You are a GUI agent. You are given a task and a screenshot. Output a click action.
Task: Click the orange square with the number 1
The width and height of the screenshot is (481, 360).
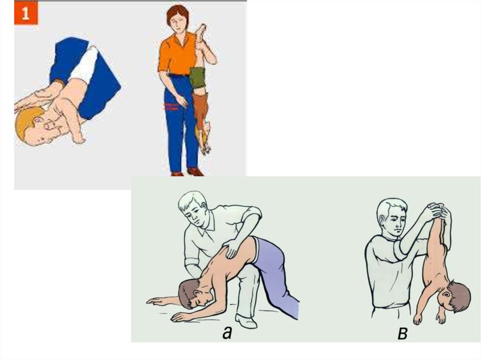coord(26,13)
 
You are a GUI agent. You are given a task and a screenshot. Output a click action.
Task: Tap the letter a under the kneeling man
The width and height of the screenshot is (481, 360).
coord(227,332)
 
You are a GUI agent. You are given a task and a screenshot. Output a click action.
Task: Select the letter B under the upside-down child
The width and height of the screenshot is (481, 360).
coord(402,333)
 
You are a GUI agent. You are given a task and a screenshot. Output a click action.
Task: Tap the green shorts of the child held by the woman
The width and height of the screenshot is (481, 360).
coord(197,77)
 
